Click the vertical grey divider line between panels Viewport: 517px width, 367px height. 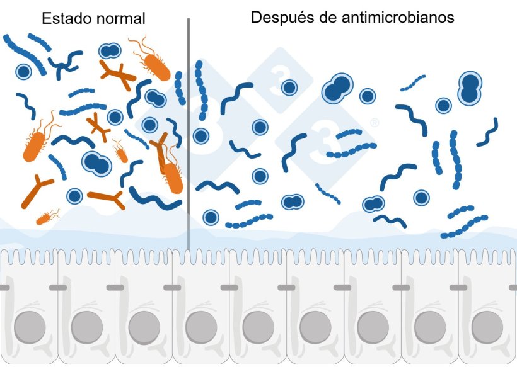188,126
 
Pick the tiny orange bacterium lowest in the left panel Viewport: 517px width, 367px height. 45,218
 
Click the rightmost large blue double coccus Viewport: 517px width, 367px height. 469,88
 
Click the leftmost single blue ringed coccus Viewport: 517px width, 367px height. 23,71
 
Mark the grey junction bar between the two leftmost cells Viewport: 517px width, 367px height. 57,288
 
